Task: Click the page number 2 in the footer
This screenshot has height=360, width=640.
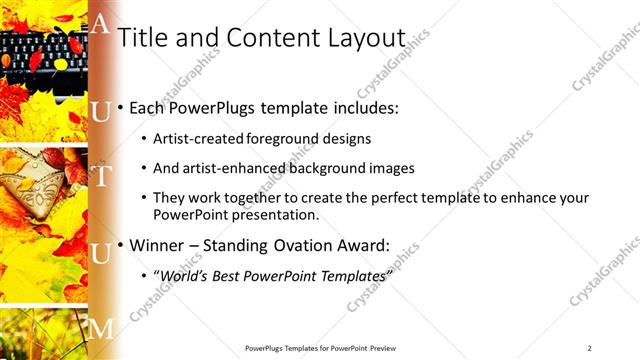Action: [589, 348]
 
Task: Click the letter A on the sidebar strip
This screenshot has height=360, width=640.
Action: [100, 25]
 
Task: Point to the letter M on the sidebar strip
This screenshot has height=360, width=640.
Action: [101, 328]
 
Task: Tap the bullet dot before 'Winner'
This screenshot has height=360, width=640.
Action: [122, 244]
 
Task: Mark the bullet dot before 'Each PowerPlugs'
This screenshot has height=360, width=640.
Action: [122, 106]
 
